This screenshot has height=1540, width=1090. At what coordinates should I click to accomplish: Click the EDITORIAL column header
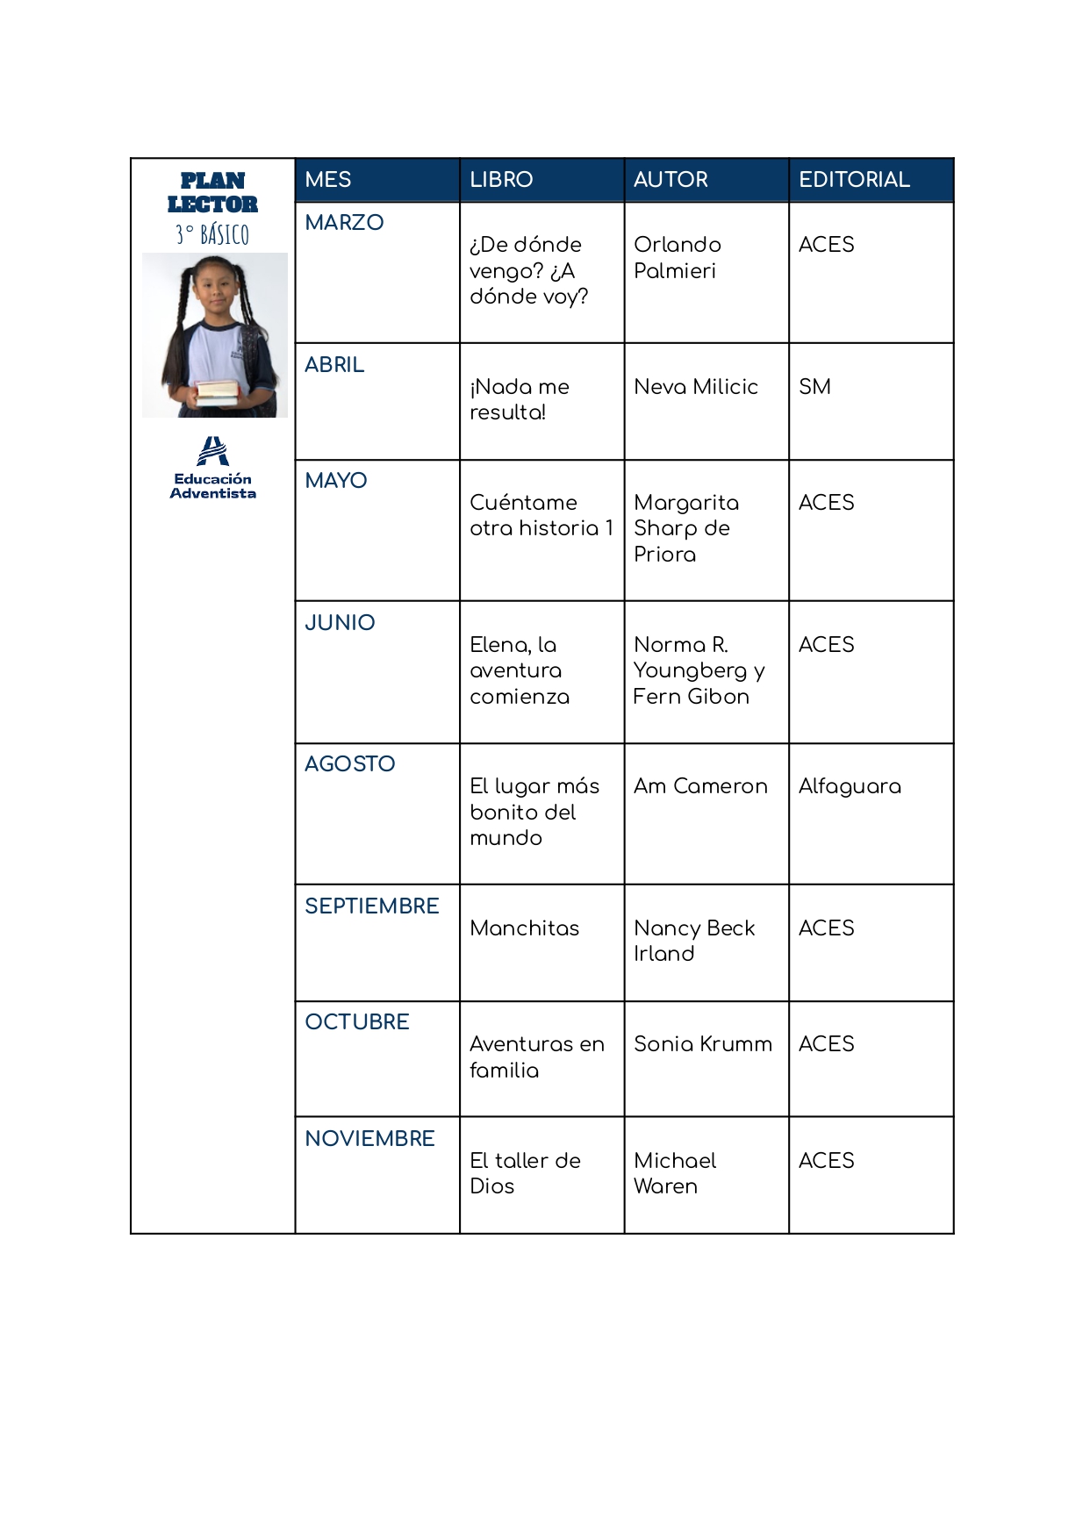853,180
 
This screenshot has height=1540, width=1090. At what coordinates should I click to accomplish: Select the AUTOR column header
670,180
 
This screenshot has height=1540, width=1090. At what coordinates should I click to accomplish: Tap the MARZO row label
344,223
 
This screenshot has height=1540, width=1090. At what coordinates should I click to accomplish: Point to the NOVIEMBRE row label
369,1139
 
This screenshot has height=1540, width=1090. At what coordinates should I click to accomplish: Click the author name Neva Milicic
696,387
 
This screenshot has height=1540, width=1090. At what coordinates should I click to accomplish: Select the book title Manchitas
524,928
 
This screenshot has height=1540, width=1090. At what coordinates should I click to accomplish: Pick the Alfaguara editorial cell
850,786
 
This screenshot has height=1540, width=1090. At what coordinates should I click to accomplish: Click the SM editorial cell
814,387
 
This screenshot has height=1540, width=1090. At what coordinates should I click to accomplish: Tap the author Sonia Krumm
703,1044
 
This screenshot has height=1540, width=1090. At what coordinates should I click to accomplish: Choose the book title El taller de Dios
525,1173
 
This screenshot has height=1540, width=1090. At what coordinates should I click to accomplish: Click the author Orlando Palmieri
677,257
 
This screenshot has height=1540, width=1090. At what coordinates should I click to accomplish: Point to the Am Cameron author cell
700,786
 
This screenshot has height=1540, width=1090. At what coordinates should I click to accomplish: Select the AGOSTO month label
349,764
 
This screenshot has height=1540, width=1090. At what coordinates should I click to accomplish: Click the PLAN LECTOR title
212,192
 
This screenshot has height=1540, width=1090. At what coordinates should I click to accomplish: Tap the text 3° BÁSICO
212,234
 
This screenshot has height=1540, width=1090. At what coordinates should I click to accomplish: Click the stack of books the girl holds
217,391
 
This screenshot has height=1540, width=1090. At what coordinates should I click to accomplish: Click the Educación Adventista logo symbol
212,451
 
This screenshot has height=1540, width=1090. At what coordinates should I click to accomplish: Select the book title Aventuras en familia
536,1057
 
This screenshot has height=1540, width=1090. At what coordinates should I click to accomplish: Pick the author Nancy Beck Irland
693,941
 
